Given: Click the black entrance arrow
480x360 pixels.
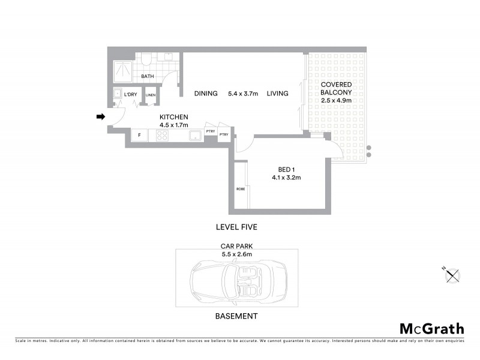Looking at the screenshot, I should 101,116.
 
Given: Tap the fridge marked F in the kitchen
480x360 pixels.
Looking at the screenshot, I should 139,136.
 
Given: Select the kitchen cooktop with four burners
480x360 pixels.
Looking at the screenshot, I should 162,136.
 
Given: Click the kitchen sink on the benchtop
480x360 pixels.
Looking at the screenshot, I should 196,136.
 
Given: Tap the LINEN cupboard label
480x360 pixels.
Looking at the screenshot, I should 150,95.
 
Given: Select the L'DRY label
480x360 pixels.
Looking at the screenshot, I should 130,95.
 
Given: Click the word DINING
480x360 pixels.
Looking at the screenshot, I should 206,94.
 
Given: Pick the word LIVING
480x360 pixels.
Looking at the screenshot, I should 278,94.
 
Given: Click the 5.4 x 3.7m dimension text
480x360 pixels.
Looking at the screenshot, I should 242,94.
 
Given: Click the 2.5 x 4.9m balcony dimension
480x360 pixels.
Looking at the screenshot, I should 335,101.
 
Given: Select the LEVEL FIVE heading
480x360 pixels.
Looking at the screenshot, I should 236,227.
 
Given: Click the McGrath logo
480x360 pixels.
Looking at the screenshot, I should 431,328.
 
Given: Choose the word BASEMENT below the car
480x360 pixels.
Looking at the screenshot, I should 236,316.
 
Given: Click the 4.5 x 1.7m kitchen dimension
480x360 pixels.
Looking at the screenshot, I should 174,125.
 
